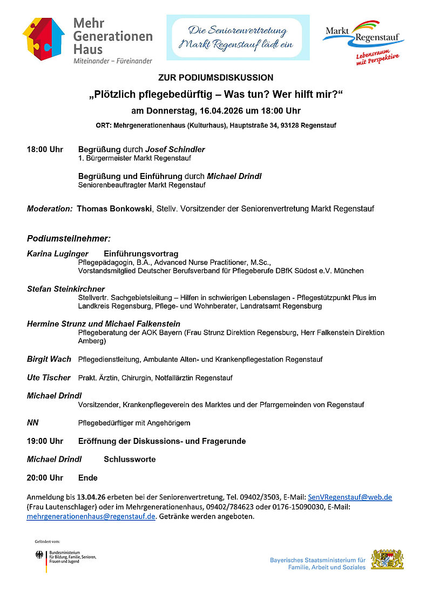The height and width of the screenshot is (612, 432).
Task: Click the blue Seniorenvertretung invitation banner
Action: pos(238,37)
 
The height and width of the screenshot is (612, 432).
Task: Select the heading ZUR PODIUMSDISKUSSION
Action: pos(216,78)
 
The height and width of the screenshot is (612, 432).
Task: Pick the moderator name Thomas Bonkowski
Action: pos(114,208)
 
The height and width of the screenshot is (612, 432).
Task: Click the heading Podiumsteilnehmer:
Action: pos(69,238)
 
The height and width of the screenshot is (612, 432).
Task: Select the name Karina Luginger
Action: pos(58,254)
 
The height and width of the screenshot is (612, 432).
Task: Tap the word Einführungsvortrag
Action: pos(141,254)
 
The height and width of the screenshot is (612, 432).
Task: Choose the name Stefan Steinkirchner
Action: pos(66,289)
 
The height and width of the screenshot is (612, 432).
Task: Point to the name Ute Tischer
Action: pos(49,377)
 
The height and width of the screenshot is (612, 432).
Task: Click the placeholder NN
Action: pos(33,423)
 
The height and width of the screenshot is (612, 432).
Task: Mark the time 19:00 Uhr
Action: pos(45,441)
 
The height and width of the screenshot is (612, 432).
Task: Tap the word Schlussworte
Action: pos(130,459)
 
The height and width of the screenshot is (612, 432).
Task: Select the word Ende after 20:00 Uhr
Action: pos(88,478)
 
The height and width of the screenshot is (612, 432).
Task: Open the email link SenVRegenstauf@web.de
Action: pos(350,497)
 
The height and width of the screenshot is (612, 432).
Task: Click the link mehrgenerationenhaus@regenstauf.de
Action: pos(91,516)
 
